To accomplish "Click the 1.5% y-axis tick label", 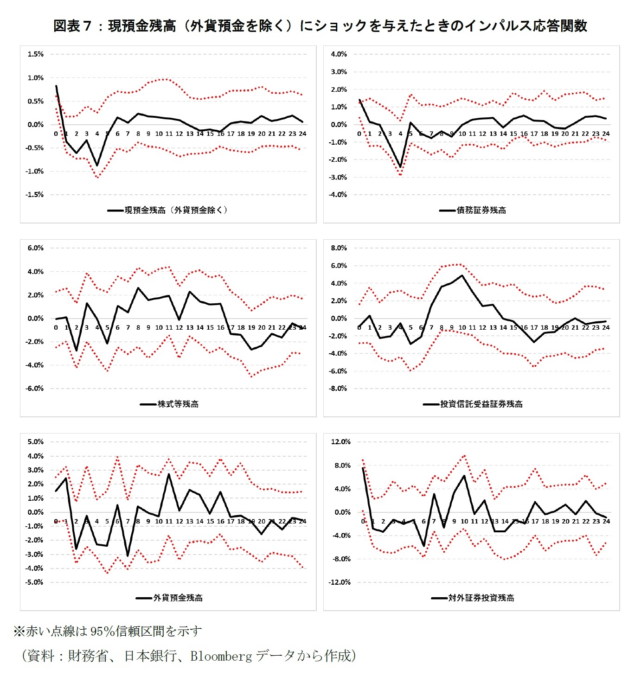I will coord(35,54).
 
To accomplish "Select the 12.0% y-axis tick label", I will coord(340,442).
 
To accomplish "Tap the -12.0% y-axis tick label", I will coord(340,582).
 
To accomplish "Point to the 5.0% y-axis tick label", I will coord(35,442).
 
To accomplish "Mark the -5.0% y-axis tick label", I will coord(34,582).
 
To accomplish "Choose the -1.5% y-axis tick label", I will coord(34,195).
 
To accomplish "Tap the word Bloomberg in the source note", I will coord(221,656).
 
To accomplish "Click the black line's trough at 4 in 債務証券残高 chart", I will coord(400,167).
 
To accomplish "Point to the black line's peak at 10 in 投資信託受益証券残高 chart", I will coord(462,275).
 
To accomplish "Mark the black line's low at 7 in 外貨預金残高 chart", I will coord(128,555).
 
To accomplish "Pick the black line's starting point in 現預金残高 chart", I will coord(56,86).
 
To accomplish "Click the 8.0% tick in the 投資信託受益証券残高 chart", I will coord(339,248).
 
